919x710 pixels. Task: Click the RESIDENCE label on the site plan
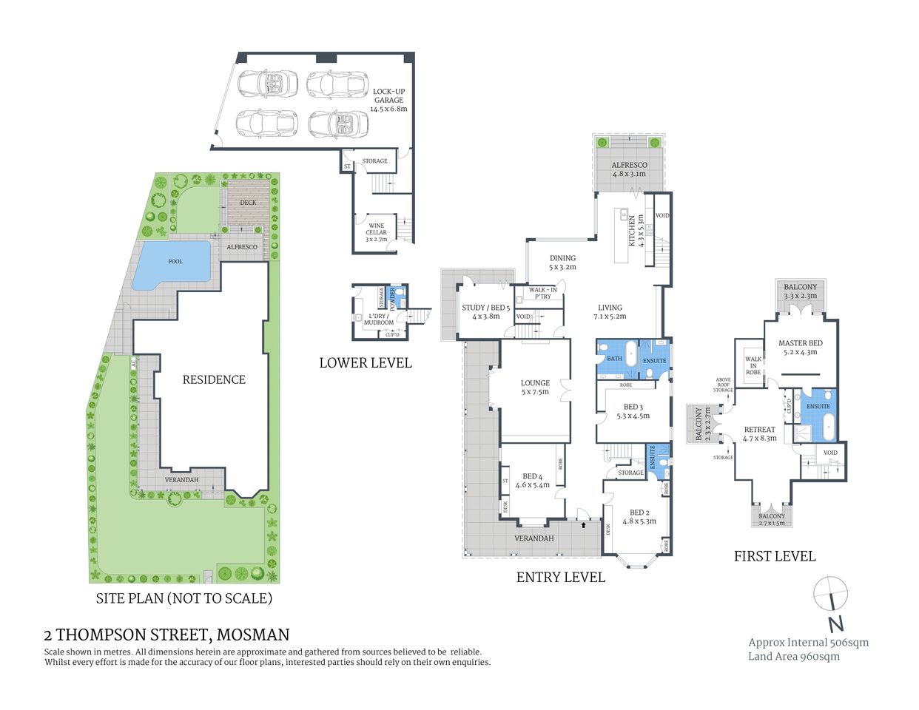(214, 379)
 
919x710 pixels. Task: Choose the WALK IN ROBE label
(753, 365)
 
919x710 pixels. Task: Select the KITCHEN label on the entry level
(632, 231)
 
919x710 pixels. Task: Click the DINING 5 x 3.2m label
(562, 263)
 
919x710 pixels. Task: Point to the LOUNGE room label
(535, 387)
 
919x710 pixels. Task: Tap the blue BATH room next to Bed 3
(615, 358)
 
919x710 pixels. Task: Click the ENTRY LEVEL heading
(560, 578)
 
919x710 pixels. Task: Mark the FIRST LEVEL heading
(774, 556)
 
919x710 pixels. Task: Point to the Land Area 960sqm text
(793, 656)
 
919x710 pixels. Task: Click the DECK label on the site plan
(248, 202)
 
